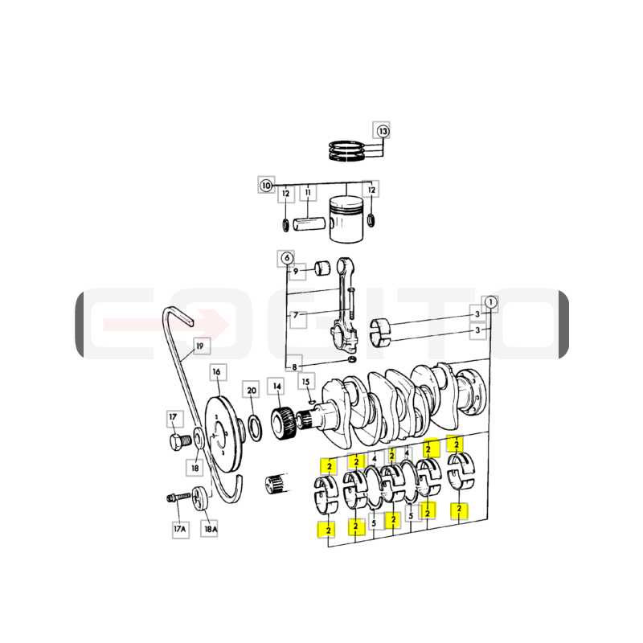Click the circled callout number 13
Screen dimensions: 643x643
pos(383,131)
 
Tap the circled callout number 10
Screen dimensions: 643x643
pos(266,186)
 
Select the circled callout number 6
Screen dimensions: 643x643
pos(287,258)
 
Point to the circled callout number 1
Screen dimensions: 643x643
pos(490,303)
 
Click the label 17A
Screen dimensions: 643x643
pos(180,529)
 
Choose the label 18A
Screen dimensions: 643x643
pos(211,529)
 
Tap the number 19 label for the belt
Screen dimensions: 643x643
pos(199,346)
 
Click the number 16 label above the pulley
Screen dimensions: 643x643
pos(216,372)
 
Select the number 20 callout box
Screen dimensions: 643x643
pos(252,391)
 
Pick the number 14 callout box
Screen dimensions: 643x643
pos(277,387)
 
